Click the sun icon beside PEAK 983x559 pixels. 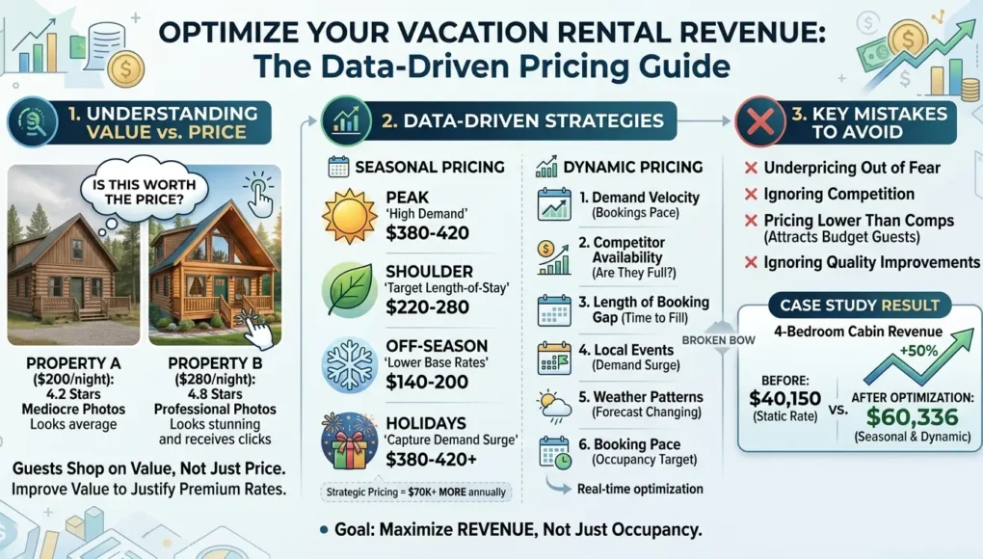tap(349, 216)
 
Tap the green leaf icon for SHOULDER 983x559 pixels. tap(349, 290)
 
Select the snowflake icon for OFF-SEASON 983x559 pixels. tap(349, 364)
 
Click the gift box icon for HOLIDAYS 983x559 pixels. tap(349, 441)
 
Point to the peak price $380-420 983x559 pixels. tap(428, 233)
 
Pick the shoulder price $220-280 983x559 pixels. tap(428, 307)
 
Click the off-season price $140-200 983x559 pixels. tap(427, 382)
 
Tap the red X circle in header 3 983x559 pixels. tap(759, 121)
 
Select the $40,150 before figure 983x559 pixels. tap(784, 398)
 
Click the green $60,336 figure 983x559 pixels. tap(912, 416)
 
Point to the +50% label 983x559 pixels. tap(918, 351)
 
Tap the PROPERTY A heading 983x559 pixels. tap(73, 363)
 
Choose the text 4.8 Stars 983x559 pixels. tap(215, 394)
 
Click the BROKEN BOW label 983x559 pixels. tap(718, 340)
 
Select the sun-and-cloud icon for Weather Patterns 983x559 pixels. tap(554, 405)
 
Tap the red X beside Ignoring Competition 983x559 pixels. tap(751, 195)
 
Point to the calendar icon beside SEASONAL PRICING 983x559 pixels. tap(338, 167)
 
